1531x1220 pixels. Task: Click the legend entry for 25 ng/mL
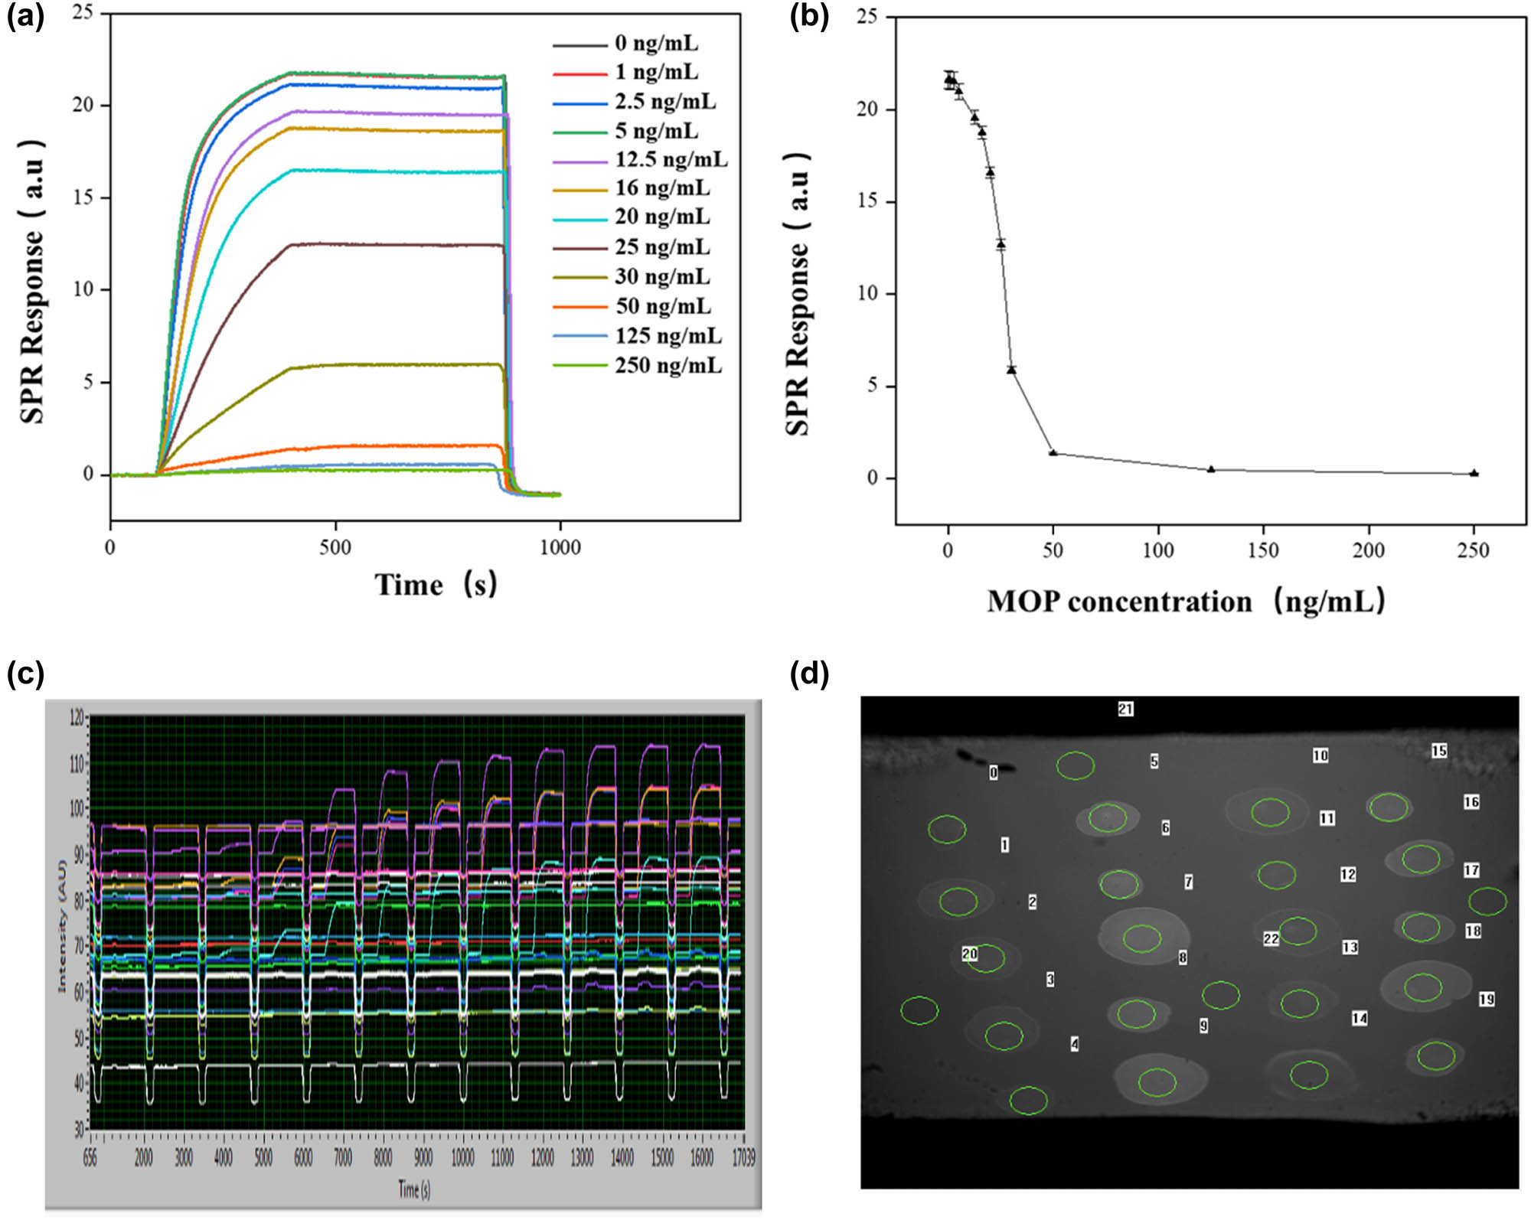point(662,247)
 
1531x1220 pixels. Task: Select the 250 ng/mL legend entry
point(668,365)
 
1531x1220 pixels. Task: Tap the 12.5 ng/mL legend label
point(671,159)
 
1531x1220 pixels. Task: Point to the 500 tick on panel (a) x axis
point(335,547)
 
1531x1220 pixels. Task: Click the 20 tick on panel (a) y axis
point(83,105)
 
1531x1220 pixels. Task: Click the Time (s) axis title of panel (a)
point(436,585)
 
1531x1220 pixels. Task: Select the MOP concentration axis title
point(1186,602)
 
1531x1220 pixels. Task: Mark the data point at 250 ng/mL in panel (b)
point(1474,473)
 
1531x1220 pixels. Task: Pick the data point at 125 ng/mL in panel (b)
point(1211,469)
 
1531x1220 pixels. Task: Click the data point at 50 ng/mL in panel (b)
point(1053,452)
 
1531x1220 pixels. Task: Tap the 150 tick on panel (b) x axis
point(1263,550)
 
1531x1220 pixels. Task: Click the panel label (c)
point(25,674)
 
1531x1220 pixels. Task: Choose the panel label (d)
point(809,674)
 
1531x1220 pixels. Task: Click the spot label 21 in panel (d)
point(1125,709)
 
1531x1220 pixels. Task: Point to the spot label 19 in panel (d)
point(1487,999)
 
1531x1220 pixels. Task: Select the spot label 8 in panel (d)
point(1183,957)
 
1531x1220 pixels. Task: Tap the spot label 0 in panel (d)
point(994,772)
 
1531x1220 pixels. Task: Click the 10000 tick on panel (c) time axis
point(462,1158)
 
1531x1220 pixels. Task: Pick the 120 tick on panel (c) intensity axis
point(77,717)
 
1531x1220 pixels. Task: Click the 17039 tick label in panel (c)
point(743,1158)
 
